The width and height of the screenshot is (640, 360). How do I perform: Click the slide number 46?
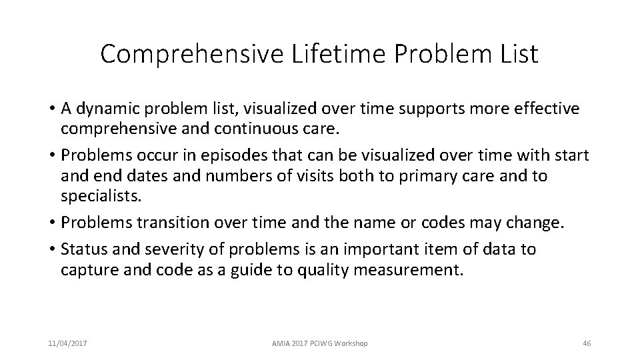pos(587,343)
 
